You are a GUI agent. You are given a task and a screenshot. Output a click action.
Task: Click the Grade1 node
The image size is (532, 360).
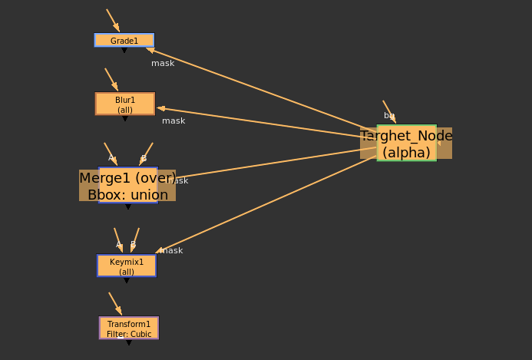click(124, 41)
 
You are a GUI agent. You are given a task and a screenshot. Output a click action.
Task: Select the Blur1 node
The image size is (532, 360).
click(125, 104)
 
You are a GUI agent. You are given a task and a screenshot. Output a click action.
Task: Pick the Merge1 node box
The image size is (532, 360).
click(127, 185)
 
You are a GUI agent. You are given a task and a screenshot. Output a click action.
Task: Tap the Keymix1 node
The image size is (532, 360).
click(127, 266)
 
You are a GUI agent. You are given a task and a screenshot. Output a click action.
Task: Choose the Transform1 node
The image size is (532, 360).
click(129, 328)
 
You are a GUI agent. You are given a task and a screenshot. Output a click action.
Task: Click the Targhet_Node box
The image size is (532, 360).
click(406, 144)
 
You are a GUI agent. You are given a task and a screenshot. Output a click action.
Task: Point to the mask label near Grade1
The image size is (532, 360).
click(163, 63)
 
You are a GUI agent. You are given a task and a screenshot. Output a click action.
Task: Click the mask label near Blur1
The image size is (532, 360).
click(173, 121)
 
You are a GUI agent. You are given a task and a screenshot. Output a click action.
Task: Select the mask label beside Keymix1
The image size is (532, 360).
click(172, 250)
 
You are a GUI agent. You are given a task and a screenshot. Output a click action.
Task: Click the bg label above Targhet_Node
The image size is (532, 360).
click(389, 115)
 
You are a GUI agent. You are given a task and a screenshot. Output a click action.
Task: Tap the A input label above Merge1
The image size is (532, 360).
click(111, 158)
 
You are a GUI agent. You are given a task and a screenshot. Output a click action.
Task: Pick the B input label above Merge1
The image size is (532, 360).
click(144, 158)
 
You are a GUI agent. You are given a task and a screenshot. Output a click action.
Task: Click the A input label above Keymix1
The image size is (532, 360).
click(118, 245)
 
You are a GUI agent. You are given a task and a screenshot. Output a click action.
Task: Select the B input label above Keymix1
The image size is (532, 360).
click(133, 245)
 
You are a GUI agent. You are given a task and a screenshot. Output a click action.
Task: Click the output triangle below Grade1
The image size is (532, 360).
click(124, 51)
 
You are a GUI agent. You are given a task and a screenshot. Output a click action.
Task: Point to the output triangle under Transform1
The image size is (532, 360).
click(129, 342)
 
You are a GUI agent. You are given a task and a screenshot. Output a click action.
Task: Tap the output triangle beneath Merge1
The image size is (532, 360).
click(128, 206)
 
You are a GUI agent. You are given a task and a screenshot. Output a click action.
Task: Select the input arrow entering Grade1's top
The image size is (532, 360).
click(113, 21)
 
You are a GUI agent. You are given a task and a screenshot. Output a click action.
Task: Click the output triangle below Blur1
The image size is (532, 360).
click(125, 119)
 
